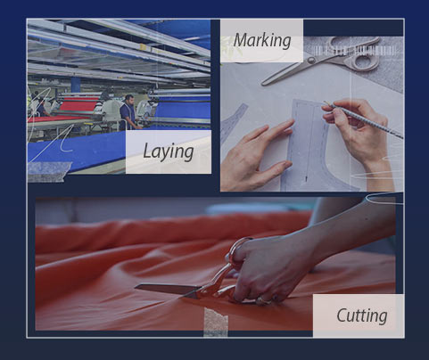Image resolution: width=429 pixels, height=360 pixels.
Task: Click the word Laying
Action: [x=169, y=151]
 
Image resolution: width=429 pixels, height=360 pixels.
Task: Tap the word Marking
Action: [x=262, y=41]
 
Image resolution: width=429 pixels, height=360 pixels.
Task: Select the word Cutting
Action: [x=362, y=315]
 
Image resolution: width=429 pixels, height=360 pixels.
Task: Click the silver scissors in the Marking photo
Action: [x=321, y=61]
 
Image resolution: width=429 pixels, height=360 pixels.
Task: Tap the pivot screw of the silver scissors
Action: [x=311, y=61]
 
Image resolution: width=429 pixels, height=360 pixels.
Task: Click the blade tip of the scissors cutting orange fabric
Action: [x=136, y=287]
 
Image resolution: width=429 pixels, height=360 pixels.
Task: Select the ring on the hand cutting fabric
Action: [x=263, y=301]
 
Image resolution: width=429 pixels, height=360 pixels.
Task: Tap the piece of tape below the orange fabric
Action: [x=216, y=323]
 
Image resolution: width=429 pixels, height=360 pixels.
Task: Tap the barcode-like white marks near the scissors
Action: [x=355, y=51]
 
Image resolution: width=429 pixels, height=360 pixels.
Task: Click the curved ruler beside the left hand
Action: [x=234, y=120]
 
